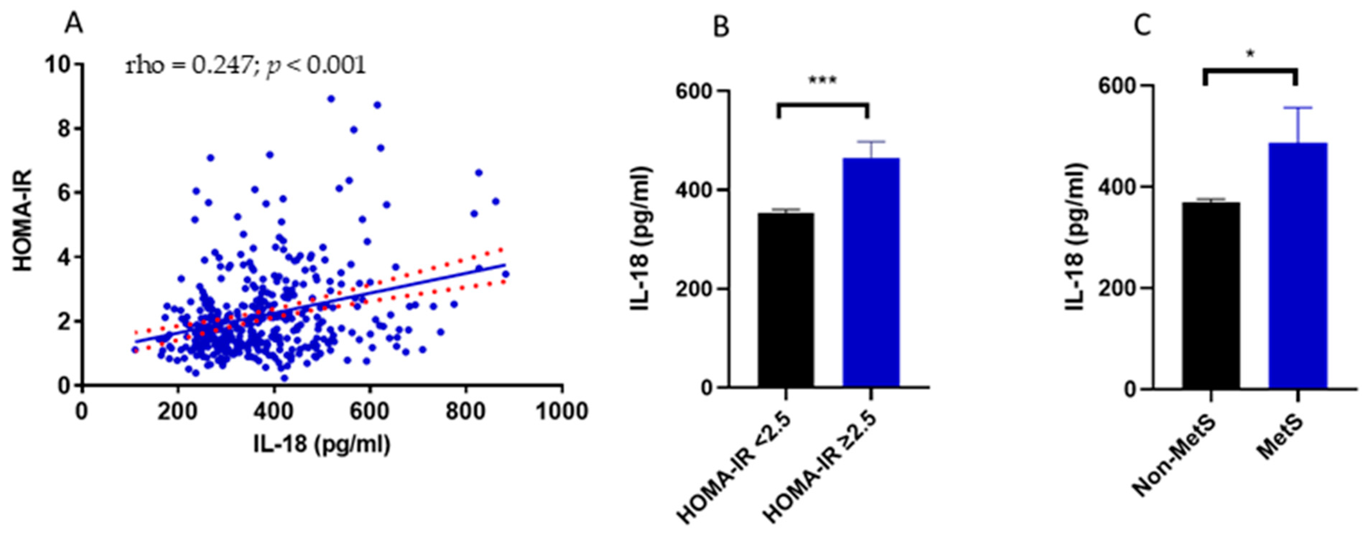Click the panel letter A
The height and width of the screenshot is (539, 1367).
pyautogui.click(x=74, y=24)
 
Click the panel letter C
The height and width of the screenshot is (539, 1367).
pyautogui.click(x=1143, y=25)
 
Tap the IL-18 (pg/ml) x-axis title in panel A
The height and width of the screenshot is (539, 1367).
pyautogui.click(x=322, y=444)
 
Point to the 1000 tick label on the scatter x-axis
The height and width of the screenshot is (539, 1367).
pyautogui.click(x=562, y=411)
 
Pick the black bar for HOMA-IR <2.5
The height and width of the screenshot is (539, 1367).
pyautogui.click(x=785, y=300)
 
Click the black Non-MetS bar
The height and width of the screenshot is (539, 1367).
pyautogui.click(x=1211, y=295)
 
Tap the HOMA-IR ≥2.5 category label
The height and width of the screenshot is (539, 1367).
pyautogui.click(x=820, y=467)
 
